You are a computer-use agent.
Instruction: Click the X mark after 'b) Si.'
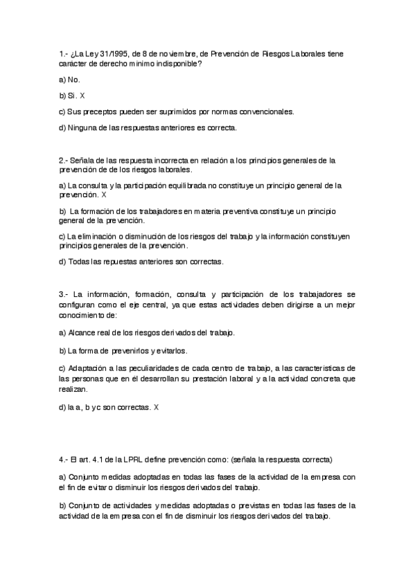(x=82, y=96)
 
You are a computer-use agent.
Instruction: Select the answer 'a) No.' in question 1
(x=69, y=80)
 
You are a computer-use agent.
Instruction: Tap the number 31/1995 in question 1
(x=114, y=53)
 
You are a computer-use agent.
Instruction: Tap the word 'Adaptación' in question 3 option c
(x=89, y=368)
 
